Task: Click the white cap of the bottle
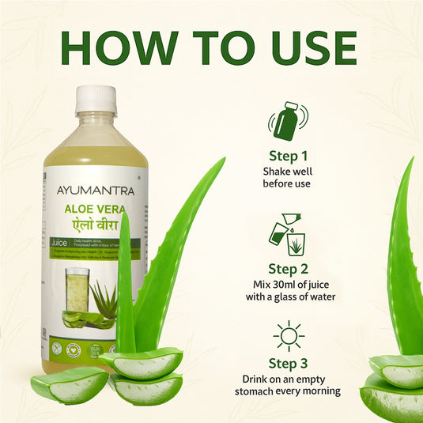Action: [96, 100]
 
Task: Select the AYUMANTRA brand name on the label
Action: [96, 190]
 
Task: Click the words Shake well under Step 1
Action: [286, 171]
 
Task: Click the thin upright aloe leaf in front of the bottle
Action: [125, 293]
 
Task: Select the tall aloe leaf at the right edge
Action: [406, 261]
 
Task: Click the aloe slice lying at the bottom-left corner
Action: [70, 385]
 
